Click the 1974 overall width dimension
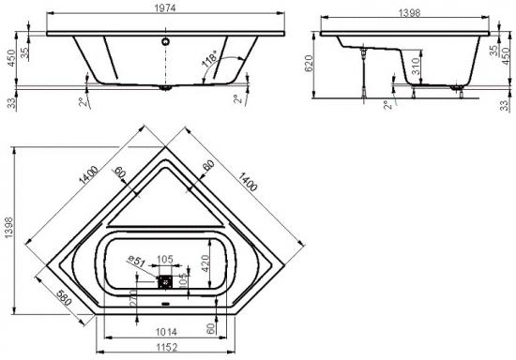coord(165,7)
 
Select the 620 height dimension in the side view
coord(309,63)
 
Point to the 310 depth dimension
coord(416,66)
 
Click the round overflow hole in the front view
coord(165,41)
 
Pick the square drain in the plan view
coord(165,282)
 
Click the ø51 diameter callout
coord(137,261)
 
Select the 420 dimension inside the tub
coord(205,263)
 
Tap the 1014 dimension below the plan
coord(166,332)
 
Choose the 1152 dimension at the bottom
coord(166,347)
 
